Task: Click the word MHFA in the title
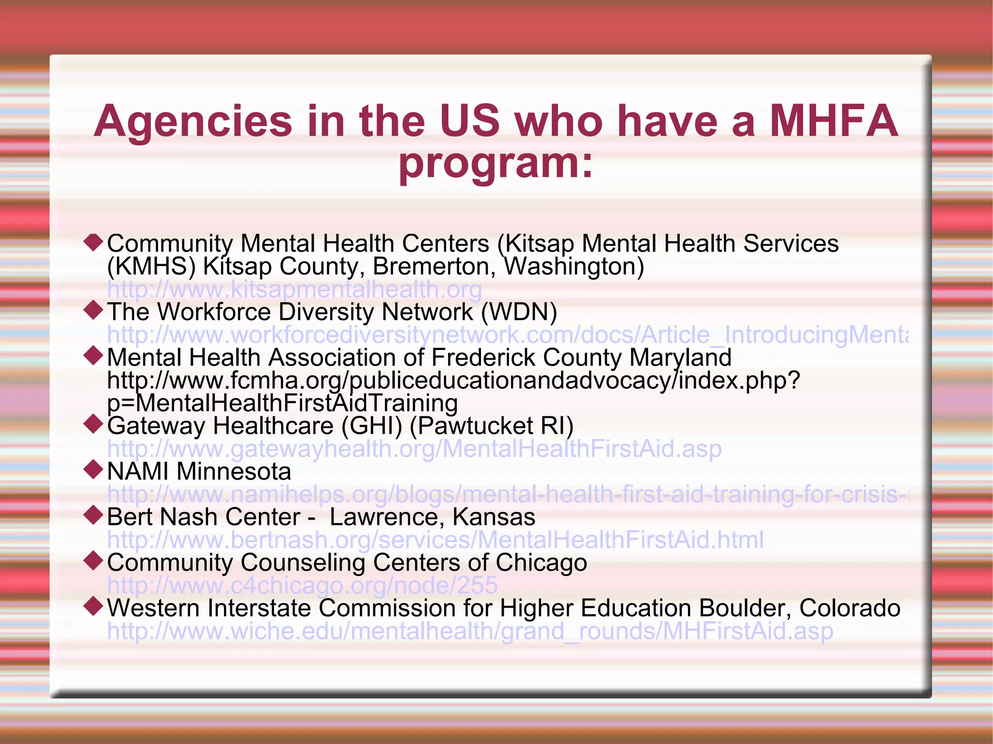pyautogui.click(x=834, y=121)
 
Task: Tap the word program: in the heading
pyautogui.click(x=496, y=163)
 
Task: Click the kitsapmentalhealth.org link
pyautogui.click(x=294, y=289)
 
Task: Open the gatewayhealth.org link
pyautogui.click(x=414, y=449)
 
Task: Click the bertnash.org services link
pyautogui.click(x=435, y=540)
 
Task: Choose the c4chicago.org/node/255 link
pyautogui.click(x=302, y=586)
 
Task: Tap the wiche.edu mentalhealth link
pyautogui.click(x=470, y=631)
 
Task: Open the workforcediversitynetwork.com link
pyautogui.click(x=507, y=335)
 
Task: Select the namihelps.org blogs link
pyautogui.click(x=507, y=494)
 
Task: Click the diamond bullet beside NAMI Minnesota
pyautogui.click(x=93, y=470)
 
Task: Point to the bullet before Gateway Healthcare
pyautogui.click(x=93, y=425)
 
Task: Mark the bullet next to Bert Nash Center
pyautogui.click(x=93, y=516)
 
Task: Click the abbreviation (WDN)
pyautogui.click(x=519, y=312)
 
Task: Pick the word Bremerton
pyautogui.click(x=434, y=267)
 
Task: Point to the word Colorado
pyautogui.click(x=849, y=608)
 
